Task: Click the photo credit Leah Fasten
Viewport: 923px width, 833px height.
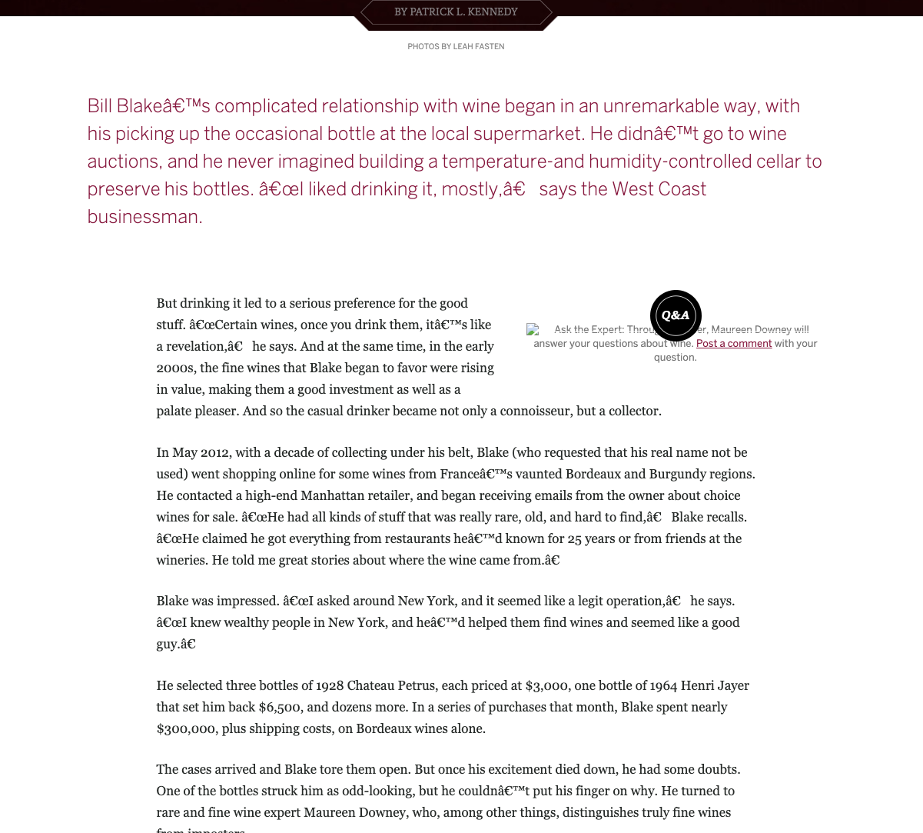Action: pos(478,47)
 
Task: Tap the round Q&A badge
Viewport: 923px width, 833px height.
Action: pos(676,315)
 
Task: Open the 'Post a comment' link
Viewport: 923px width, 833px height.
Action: pos(733,344)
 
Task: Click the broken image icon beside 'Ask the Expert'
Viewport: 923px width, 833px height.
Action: pos(533,329)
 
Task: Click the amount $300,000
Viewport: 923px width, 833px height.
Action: pos(185,728)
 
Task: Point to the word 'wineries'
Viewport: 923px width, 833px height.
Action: pos(181,560)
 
